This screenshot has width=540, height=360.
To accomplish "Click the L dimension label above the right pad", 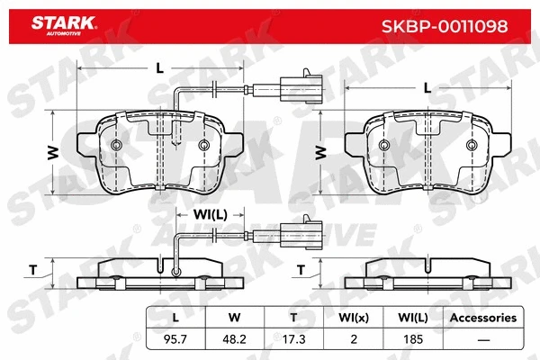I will coord(427,87).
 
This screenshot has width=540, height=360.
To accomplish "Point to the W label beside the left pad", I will coord(53,152).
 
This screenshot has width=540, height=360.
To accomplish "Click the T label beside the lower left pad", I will coord(33,267).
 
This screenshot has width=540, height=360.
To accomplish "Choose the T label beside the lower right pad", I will coord(301,268).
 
